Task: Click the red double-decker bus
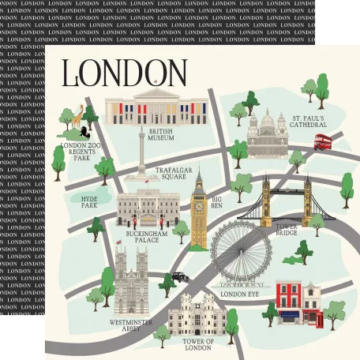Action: [322, 141]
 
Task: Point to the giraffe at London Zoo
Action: [78, 118]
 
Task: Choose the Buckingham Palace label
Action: [146, 239]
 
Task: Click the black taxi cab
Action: [180, 277]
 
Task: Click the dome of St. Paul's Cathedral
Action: [267, 122]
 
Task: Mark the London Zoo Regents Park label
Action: [82, 150]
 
